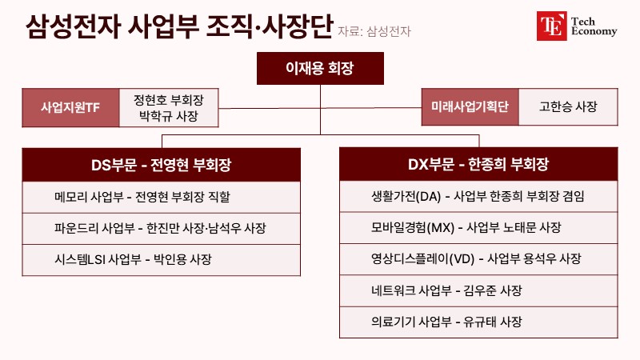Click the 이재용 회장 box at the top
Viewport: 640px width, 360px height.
pyautogui.click(x=320, y=68)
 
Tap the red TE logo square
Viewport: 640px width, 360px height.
pyautogui.click(x=551, y=26)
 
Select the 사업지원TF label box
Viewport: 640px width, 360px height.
pyautogui.click(x=70, y=107)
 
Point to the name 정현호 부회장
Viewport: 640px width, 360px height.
pyautogui.click(x=169, y=100)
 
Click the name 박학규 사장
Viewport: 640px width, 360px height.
pyautogui.click(x=169, y=116)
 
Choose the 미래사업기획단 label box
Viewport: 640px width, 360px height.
pyautogui.click(x=470, y=106)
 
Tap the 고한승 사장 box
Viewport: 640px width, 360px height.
pyautogui.click(x=568, y=106)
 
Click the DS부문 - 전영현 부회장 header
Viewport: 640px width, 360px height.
pyautogui.click(x=162, y=165)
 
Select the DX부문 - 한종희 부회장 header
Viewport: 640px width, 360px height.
pyautogui.click(x=478, y=164)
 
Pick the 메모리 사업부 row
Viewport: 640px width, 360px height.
pyautogui.click(x=162, y=197)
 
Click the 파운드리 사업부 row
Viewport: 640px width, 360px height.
pyautogui.click(x=162, y=229)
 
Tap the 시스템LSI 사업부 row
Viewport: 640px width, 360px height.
pyautogui.click(x=162, y=260)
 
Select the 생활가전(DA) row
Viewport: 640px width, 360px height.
pyautogui.click(x=478, y=196)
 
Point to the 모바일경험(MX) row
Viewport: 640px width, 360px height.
pyautogui.click(x=478, y=228)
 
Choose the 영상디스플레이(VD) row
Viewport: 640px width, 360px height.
pyautogui.click(x=478, y=259)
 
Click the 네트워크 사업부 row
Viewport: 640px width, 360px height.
pyautogui.click(x=478, y=290)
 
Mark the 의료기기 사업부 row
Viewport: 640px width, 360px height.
pyautogui.click(x=478, y=322)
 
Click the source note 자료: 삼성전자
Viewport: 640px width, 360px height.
pyautogui.click(x=374, y=31)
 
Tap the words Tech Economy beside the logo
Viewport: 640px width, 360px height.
pyautogui.click(x=594, y=26)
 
